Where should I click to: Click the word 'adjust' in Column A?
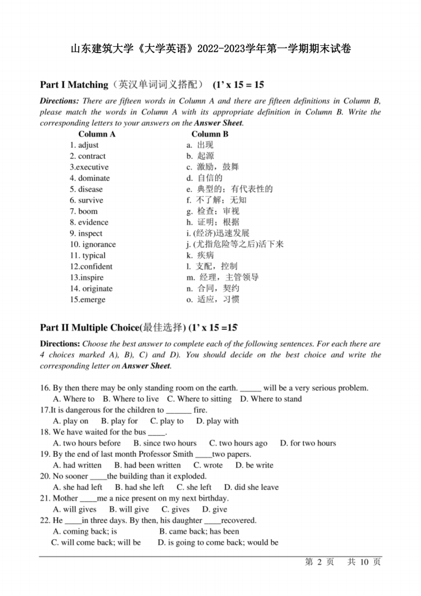pyautogui.click(x=88, y=145)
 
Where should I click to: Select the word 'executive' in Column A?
pyautogui.click(x=93, y=167)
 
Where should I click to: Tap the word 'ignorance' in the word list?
pyautogui.click(x=99, y=244)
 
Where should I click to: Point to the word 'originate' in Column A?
pyautogui.click(x=97, y=288)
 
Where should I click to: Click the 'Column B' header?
pyautogui.click(x=210, y=134)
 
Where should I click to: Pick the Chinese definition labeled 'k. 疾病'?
pyautogui.click(x=200, y=255)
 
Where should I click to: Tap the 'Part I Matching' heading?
pyautogui.click(x=74, y=85)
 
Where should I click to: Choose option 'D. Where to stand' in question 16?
pyautogui.click(x=271, y=399)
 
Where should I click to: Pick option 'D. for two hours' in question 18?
pyautogui.click(x=308, y=443)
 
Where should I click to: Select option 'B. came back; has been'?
pyautogui.click(x=199, y=531)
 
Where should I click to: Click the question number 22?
pyautogui.click(x=45, y=521)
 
